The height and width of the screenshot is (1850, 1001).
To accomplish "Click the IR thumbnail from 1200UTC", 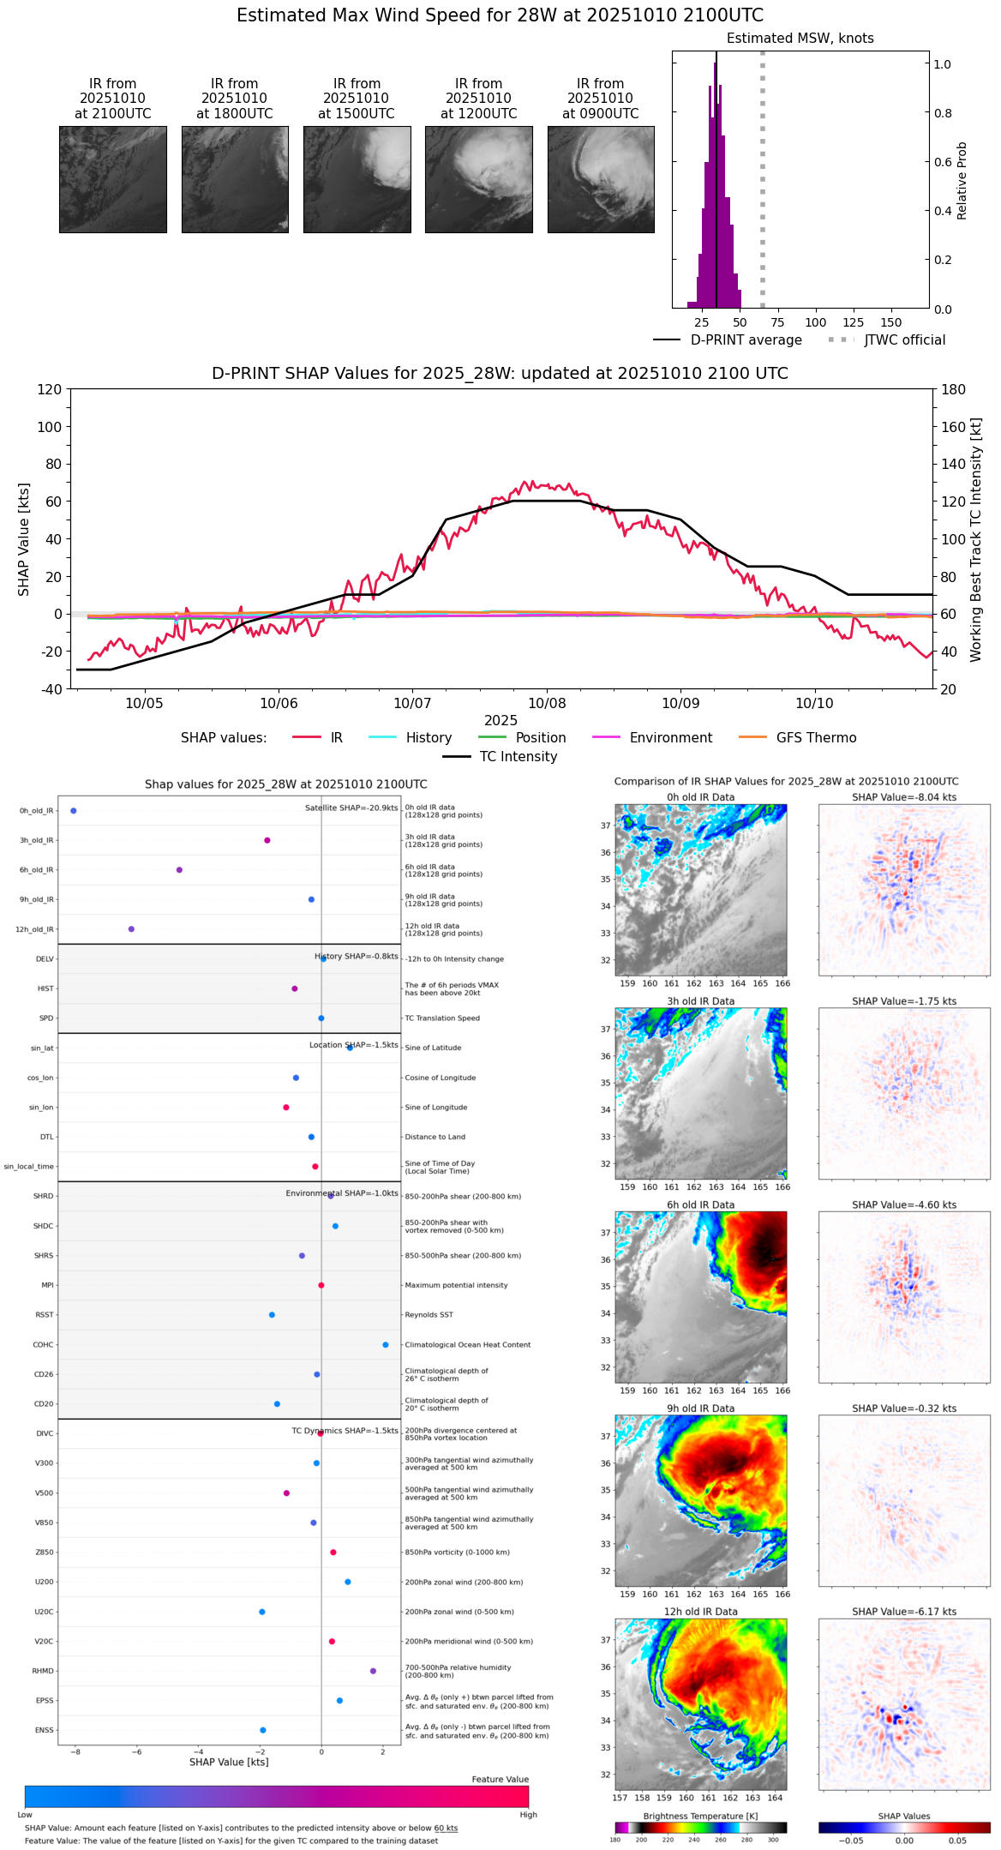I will [x=478, y=179].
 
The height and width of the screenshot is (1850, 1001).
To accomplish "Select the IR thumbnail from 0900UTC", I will [x=601, y=179].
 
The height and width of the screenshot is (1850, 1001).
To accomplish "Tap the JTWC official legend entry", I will [x=904, y=340].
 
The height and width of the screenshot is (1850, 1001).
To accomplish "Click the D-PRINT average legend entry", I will [x=746, y=340].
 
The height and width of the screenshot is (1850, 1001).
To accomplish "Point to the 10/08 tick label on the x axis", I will [x=547, y=704].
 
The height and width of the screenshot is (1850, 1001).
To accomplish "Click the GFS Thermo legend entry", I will [x=816, y=738].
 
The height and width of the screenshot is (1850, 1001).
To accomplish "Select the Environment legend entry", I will [x=670, y=738].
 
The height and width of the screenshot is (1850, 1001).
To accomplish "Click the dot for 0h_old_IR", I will [x=74, y=811].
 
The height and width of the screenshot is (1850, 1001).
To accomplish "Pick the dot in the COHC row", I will [x=386, y=1345].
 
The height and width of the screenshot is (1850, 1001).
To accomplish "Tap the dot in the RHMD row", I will [x=373, y=1671].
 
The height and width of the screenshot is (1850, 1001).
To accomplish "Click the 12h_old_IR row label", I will [x=34, y=929].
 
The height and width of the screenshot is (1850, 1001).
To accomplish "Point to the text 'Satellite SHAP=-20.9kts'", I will [x=351, y=808].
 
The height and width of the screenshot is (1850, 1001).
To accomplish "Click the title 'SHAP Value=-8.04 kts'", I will [x=904, y=797].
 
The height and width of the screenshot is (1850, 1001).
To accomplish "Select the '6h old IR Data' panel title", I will [x=700, y=1204].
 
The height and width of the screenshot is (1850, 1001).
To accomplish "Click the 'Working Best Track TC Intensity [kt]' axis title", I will [x=976, y=540].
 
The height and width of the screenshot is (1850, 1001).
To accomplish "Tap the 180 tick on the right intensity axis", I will [x=954, y=390].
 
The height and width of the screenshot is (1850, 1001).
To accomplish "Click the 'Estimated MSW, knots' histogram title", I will [x=800, y=39].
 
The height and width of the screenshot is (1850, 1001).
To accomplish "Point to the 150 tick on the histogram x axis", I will [x=891, y=323].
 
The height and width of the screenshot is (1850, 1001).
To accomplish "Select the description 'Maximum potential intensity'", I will [x=456, y=1286].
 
